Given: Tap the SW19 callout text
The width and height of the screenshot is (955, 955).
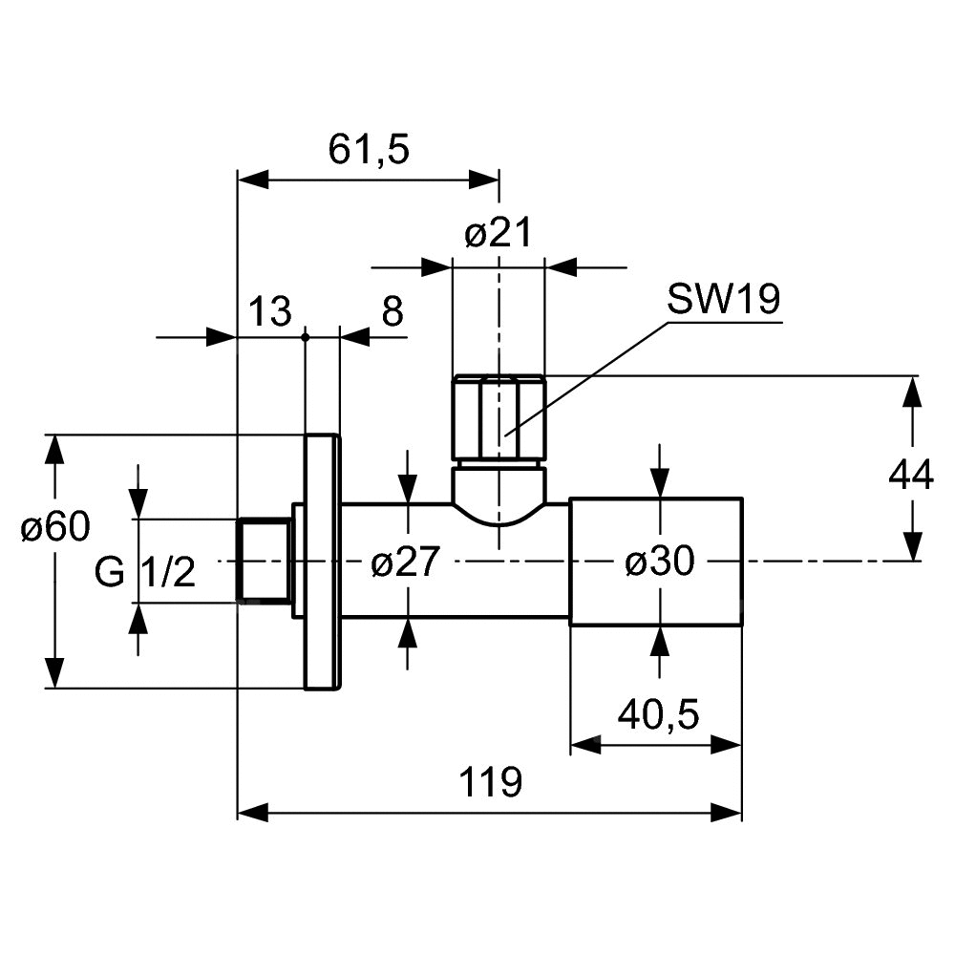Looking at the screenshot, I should [x=724, y=300].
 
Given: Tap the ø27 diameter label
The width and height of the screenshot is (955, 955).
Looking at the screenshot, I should [x=405, y=563].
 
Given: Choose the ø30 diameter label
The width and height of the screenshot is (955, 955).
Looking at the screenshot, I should [x=659, y=563].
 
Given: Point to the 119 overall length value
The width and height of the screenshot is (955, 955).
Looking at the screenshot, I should [x=491, y=782].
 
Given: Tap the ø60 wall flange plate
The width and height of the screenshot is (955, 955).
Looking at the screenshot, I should [x=321, y=562].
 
